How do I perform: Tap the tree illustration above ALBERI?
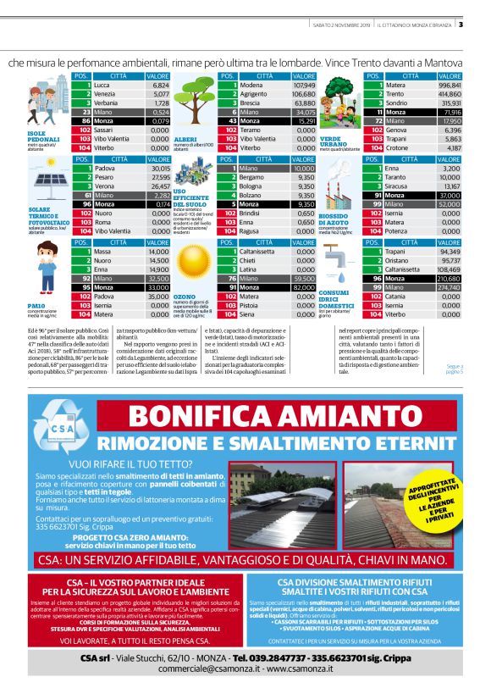click(x=201, y=103)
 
